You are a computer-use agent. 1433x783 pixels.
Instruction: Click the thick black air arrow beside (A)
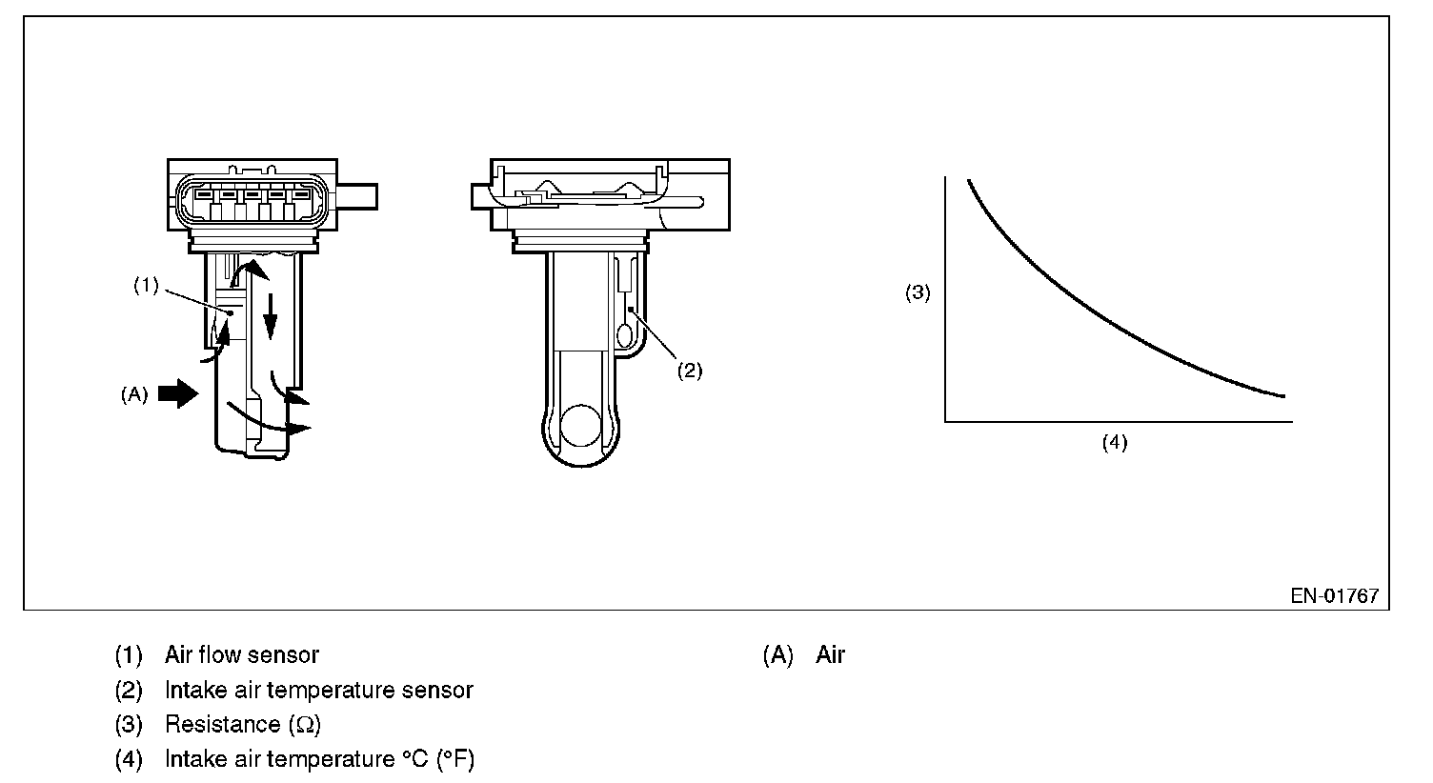[x=177, y=392]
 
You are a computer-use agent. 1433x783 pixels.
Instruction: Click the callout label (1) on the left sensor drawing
[x=146, y=286]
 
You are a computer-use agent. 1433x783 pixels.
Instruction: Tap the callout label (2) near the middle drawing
[x=689, y=371]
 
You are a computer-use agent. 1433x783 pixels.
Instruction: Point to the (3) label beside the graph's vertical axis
[x=917, y=293]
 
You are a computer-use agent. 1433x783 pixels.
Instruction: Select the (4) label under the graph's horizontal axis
[x=1115, y=442]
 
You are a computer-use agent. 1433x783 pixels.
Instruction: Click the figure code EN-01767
[x=1334, y=596]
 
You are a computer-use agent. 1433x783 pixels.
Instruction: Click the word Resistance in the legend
[x=222, y=725]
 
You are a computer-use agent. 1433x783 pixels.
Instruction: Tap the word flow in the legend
[x=225, y=654]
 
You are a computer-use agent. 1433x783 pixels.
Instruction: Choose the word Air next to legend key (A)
[x=830, y=654]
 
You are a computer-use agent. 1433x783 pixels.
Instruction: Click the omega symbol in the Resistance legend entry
[x=304, y=725]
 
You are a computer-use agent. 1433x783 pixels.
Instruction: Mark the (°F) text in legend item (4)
[x=454, y=760]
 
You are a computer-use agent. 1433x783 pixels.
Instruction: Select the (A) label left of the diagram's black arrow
[x=134, y=394]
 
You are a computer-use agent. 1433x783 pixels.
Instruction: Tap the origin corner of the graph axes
[x=945, y=420]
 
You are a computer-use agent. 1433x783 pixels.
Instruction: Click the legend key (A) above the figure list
[x=777, y=654]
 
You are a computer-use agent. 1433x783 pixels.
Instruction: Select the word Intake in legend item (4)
[x=193, y=760]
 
